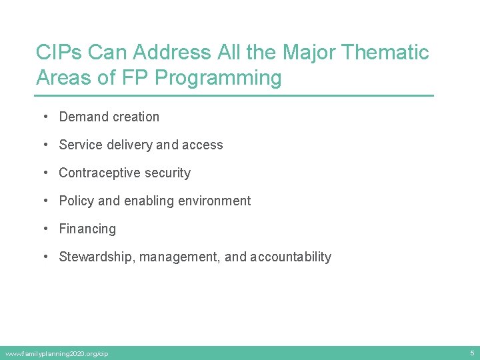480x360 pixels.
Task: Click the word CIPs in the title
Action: pyautogui.click(x=59, y=53)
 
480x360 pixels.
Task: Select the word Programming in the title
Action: pyautogui.click(x=218, y=78)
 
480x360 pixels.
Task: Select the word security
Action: pyautogui.click(x=167, y=173)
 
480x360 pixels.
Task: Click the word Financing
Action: pyautogui.click(x=87, y=229)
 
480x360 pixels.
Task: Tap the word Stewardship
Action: pyautogui.click(x=97, y=257)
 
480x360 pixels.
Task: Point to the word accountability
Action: pyautogui.click(x=291, y=257)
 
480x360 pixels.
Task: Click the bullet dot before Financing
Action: pyautogui.click(x=45, y=229)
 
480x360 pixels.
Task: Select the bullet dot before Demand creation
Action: pyautogui.click(x=45, y=117)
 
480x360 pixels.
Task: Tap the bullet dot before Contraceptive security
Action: pyautogui.click(x=45, y=173)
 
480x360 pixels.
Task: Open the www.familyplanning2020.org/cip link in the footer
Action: pyautogui.click(x=56, y=353)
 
